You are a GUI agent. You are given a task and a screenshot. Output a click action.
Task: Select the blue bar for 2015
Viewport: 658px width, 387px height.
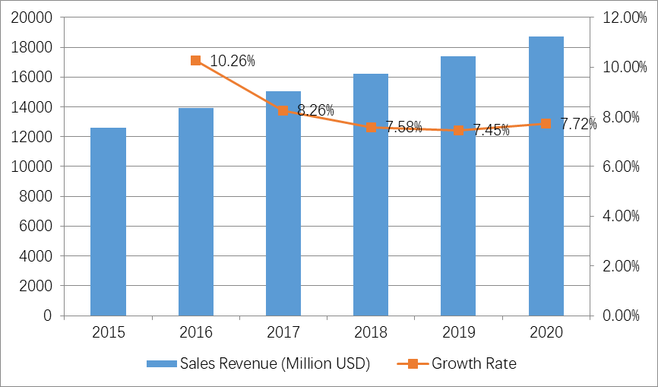click(x=108, y=221)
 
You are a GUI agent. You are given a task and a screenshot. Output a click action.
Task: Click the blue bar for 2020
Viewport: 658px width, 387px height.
click(x=546, y=176)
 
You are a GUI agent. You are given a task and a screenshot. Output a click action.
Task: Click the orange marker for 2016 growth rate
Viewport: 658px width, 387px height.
click(x=196, y=60)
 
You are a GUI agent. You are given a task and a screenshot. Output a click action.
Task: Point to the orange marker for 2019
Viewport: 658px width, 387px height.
click(x=458, y=130)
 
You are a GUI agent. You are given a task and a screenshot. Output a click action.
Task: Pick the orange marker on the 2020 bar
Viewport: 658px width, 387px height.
click(x=546, y=123)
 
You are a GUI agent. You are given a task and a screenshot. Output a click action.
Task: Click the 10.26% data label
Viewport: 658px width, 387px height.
click(x=233, y=61)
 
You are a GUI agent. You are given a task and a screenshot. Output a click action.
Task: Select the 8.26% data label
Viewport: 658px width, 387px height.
click(x=316, y=110)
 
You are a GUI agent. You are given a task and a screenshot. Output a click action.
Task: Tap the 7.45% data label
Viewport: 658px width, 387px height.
click(x=491, y=130)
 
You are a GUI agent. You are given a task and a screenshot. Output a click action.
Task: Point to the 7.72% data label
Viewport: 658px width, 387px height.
click(x=578, y=124)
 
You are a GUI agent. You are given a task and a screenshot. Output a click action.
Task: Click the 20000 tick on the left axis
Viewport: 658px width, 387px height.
click(x=33, y=17)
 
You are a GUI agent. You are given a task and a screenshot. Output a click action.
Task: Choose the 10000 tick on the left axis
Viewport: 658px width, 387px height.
click(x=33, y=167)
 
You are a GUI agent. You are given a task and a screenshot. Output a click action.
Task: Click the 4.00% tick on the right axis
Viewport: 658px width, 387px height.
click(x=620, y=216)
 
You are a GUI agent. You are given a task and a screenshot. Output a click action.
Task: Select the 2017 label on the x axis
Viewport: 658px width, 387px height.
click(x=283, y=332)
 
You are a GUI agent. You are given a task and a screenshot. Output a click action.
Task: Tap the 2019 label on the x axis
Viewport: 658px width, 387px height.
click(x=458, y=332)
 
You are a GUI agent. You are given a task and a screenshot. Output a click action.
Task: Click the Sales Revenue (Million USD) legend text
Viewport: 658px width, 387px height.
click(x=275, y=363)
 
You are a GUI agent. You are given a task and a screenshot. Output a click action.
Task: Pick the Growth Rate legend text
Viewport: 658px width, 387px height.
click(x=474, y=363)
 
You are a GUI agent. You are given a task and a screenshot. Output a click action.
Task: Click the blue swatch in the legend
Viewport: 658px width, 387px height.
click(x=162, y=363)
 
